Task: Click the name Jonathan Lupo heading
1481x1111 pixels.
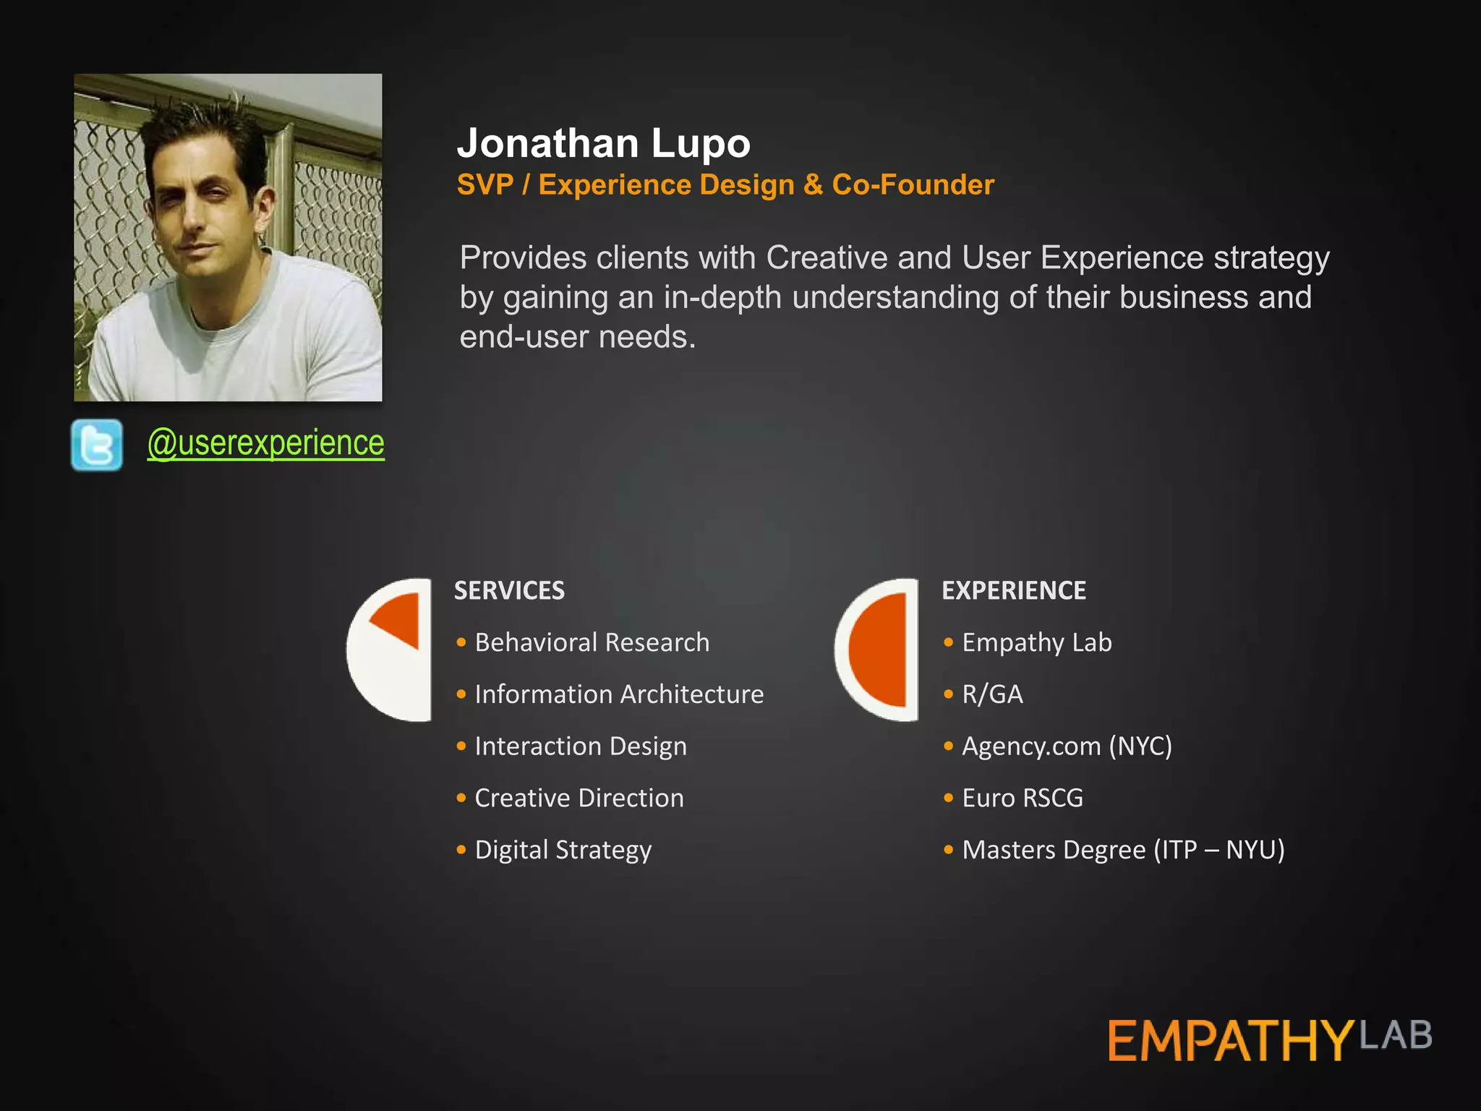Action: (604, 143)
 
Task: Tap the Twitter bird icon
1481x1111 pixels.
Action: (97, 445)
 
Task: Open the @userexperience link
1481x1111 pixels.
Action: (265, 443)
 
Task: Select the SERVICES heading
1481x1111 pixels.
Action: (509, 590)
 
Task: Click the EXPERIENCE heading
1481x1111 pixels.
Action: (1013, 590)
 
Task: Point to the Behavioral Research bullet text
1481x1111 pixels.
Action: (592, 642)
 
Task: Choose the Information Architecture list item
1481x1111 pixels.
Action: (618, 694)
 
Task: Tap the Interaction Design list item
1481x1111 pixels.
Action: (580, 746)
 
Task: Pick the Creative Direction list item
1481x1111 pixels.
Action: (579, 798)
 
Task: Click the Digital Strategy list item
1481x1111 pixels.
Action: (563, 850)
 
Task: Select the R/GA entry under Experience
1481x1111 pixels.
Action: (992, 694)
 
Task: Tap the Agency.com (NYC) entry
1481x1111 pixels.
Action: (1067, 746)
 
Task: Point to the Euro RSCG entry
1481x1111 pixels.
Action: (1022, 798)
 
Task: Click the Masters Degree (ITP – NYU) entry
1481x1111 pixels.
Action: (1123, 850)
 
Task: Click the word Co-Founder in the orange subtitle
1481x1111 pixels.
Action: (913, 184)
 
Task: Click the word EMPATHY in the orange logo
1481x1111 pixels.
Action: (1229, 1041)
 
